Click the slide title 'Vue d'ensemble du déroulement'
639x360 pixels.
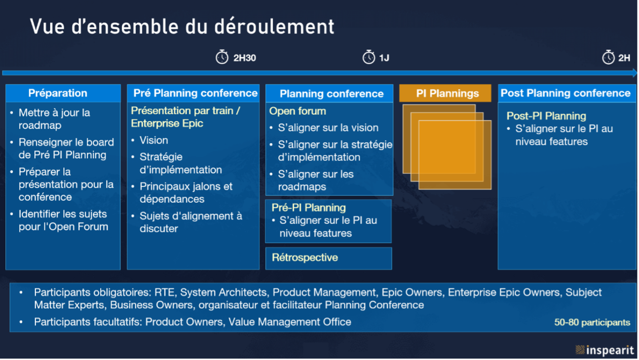click(x=182, y=27)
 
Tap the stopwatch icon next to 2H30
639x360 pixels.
click(x=222, y=57)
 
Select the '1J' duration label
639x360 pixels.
click(x=384, y=58)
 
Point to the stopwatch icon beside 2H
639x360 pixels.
click(x=608, y=57)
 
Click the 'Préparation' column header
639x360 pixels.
click(x=63, y=93)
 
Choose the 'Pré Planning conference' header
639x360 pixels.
click(x=193, y=93)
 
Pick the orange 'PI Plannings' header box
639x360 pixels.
click(x=445, y=93)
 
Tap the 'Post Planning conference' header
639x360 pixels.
click(x=567, y=93)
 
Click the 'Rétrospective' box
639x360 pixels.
click(x=329, y=258)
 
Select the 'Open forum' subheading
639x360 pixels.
click(x=298, y=111)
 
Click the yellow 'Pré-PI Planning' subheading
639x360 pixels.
click(x=309, y=208)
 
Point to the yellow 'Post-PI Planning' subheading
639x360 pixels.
click(x=546, y=116)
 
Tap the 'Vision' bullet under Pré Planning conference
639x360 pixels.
click(x=154, y=140)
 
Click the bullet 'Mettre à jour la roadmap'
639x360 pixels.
click(x=54, y=119)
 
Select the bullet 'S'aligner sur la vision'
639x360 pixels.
click(x=328, y=128)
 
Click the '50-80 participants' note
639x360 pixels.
click(x=592, y=323)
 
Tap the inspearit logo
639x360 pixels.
click(x=604, y=350)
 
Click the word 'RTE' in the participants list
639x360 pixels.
click(x=164, y=292)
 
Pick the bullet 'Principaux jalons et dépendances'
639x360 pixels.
click(x=186, y=193)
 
